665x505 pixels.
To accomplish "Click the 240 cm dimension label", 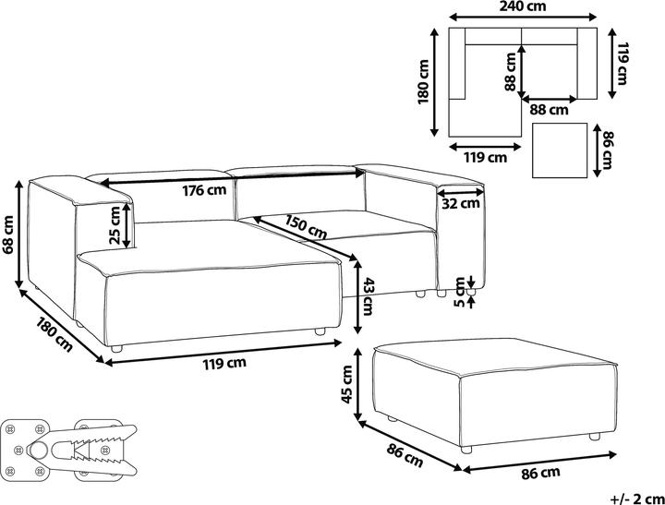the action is tap(522, 6).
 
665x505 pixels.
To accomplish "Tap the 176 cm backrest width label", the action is tap(204, 190).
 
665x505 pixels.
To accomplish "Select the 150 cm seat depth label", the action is tap(306, 227).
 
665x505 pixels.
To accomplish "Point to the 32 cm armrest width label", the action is tap(461, 203).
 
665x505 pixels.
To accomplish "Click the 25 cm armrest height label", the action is tap(115, 225).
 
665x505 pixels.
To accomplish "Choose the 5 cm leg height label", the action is tap(459, 292).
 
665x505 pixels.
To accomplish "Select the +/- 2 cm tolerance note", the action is tap(638, 499).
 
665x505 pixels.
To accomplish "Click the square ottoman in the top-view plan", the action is tap(560, 150).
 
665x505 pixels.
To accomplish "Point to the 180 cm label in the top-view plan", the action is tap(423, 82).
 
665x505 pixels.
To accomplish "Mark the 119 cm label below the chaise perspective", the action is tap(224, 363).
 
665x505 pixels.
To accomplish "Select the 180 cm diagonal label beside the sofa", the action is tap(54, 334).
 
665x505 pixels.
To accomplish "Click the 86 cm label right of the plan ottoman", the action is tap(608, 150).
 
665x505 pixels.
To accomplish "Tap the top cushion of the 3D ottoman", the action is tap(495, 355).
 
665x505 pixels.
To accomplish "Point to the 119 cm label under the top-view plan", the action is tap(485, 158).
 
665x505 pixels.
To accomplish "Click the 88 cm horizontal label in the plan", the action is tap(549, 110).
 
